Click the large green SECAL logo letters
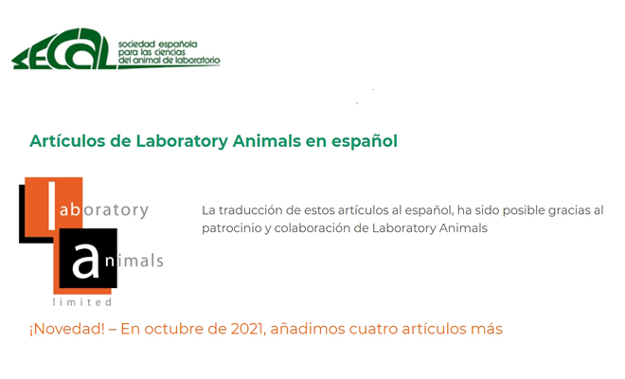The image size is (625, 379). [63, 49]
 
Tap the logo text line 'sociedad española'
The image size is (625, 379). [157, 45]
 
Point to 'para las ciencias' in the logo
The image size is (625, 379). [152, 52]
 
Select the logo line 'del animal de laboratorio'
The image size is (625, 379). [169, 61]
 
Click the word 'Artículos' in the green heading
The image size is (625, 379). [67, 141]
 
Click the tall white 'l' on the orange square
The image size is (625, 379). [51, 206]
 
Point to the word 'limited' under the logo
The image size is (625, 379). [82, 302]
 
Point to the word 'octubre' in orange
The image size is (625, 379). [172, 329]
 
